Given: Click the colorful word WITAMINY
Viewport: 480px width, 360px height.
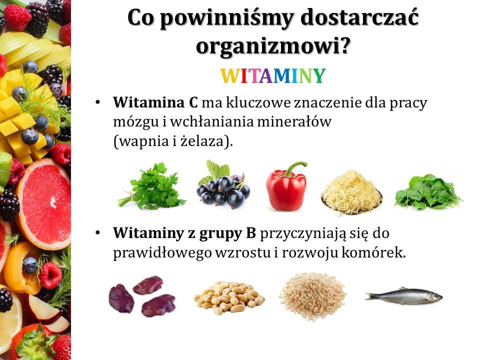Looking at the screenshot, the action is pos(273,76).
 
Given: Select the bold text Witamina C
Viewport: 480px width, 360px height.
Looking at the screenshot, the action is pos(155,102).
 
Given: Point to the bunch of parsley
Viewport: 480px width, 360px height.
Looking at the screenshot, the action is pos(152,186).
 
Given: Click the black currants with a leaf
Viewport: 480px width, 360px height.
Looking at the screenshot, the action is pos(223,185).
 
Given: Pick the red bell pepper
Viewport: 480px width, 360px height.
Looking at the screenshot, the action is pos(286,186).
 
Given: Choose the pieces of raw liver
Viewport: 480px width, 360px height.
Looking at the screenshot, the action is pos(142,295).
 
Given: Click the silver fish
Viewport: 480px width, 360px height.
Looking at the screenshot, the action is pos(404,296).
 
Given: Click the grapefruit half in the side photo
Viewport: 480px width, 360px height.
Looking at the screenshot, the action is pos(44,203).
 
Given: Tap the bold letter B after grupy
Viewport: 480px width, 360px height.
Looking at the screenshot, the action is pos(250,233).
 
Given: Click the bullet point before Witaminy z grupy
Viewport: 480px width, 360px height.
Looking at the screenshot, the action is pos(97,233).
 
